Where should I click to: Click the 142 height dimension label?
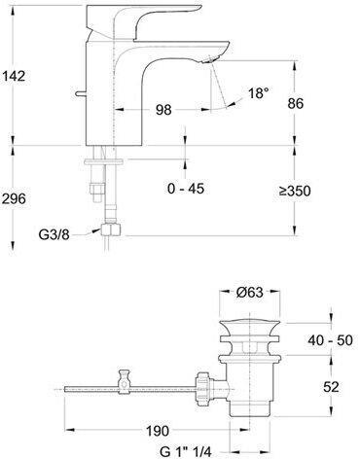tap(14, 76)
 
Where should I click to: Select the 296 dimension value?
tap(14, 198)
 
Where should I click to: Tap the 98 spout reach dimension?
tap(163, 110)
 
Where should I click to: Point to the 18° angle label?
tap(259, 93)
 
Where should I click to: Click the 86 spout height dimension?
tap(296, 103)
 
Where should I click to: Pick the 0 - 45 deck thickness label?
tap(186, 188)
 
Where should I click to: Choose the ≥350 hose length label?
tap(295, 191)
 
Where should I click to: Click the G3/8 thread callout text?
tap(54, 234)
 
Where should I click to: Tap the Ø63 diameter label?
tap(249, 293)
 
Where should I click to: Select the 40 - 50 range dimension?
tap(330, 340)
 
